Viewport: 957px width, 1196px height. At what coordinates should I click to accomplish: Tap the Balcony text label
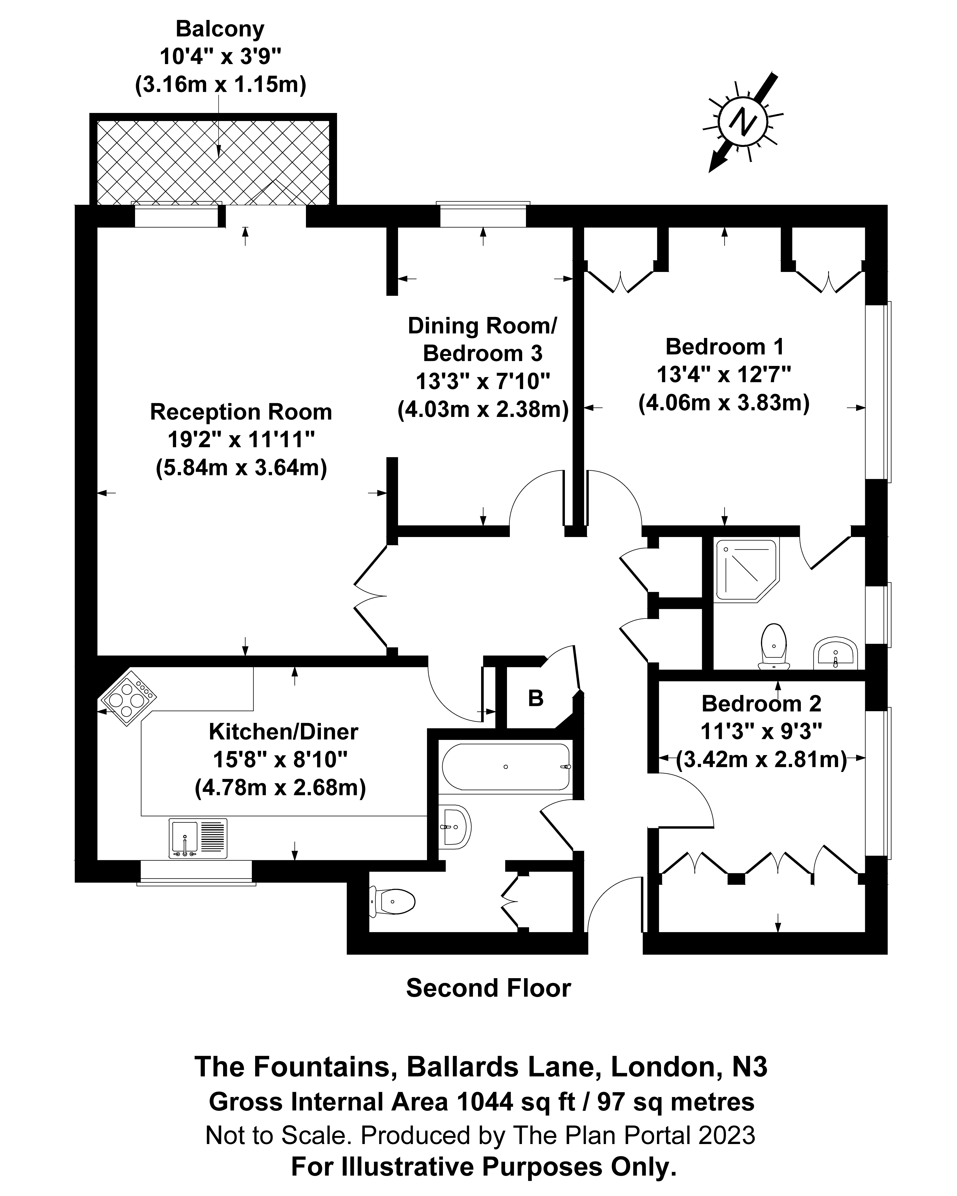pyautogui.click(x=220, y=29)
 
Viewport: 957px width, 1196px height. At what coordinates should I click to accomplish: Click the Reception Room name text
pyautogui.click(x=241, y=412)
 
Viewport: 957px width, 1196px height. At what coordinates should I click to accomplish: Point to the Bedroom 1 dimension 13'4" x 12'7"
pyautogui.click(x=723, y=374)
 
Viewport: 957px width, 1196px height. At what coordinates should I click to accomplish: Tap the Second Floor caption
pyautogui.click(x=488, y=988)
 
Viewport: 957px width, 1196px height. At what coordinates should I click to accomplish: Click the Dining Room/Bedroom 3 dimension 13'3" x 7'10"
pyautogui.click(x=483, y=382)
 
